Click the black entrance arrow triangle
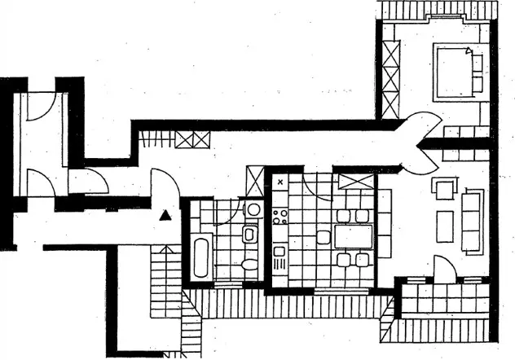pyautogui.click(x=165, y=216)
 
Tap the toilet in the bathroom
pyautogui.click(x=250, y=263)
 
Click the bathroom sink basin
pyautogui.click(x=250, y=236)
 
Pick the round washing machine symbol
pyautogui.click(x=253, y=209)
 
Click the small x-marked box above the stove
pyautogui.click(x=280, y=182)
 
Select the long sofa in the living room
pyautogui.click(x=473, y=220)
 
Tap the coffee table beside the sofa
pyautogui.click(x=445, y=226)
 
